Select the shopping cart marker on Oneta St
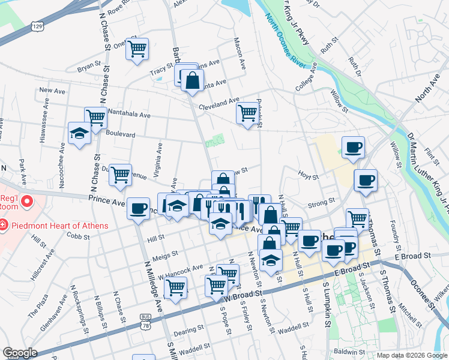[137, 49]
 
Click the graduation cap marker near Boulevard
[79, 134]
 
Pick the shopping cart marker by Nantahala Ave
[95, 118]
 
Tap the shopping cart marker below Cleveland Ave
[247, 113]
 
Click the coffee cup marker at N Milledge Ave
[139, 209]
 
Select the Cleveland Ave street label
[220, 103]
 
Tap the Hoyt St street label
[308, 175]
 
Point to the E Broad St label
[414, 256]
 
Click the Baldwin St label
[351, 351]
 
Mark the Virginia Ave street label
[160, 156]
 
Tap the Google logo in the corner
[20, 353]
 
